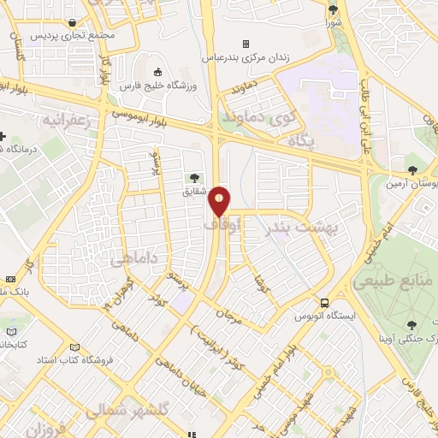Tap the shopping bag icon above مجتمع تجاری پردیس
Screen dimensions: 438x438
[x=74, y=23]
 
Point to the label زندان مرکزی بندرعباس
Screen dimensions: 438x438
[x=244, y=58]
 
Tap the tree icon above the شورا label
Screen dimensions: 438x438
[x=332, y=10]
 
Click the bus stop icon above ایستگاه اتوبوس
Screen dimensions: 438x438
[x=324, y=303]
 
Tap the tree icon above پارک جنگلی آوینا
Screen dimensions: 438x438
[x=412, y=325]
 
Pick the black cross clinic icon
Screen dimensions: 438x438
[x=3, y=136]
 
